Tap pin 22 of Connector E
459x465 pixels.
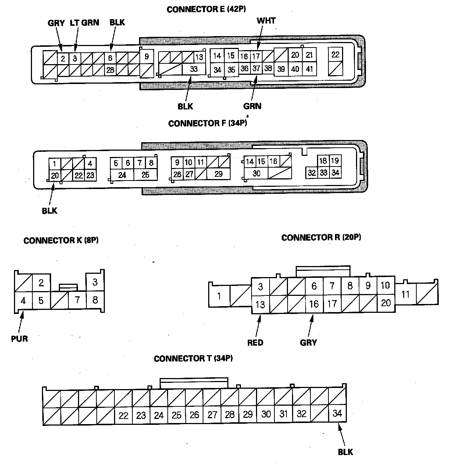point(335,55)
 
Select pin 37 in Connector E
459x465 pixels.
point(256,69)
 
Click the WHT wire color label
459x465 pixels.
point(266,21)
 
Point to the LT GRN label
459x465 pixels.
point(84,23)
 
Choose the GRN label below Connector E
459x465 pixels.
point(252,106)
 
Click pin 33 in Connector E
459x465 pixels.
point(194,69)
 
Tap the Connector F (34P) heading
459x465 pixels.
point(207,123)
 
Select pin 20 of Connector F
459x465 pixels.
point(55,175)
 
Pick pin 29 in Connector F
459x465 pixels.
point(218,174)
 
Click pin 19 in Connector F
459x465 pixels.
point(335,161)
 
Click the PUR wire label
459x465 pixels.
point(19,338)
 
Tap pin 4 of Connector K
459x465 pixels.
point(23,300)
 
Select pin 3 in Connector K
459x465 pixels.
point(95,282)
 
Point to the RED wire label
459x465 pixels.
point(255,343)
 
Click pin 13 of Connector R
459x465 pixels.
point(260,304)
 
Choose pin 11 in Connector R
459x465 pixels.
point(405,295)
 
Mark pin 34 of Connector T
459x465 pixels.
point(337,413)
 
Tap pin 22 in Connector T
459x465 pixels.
point(123,416)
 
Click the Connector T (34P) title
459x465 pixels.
point(193,358)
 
